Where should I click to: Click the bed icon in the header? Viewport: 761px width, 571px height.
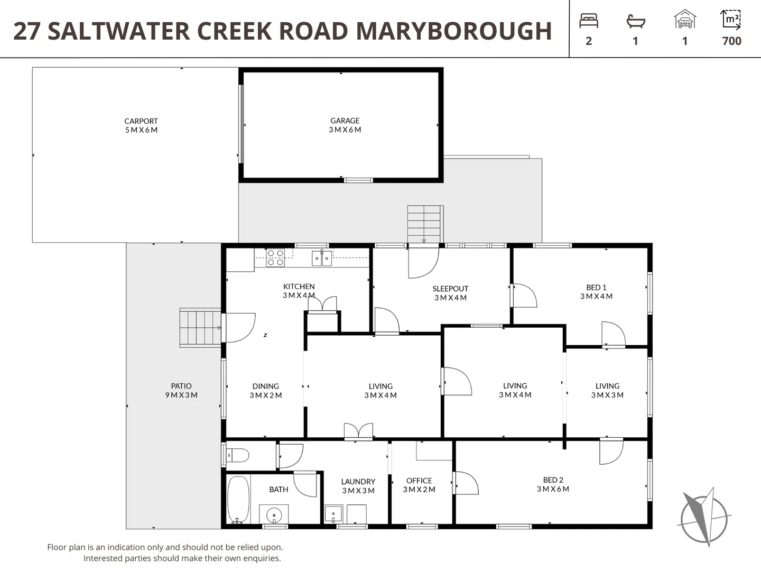(x=588, y=21)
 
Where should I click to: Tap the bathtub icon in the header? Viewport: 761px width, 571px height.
(x=635, y=21)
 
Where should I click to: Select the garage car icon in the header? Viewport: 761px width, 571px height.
(x=685, y=20)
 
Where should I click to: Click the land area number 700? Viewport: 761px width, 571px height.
(x=731, y=41)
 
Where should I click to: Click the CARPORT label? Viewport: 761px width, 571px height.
(x=141, y=121)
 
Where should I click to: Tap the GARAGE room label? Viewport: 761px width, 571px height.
(x=345, y=121)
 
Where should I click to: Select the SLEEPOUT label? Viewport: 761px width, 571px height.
(x=450, y=289)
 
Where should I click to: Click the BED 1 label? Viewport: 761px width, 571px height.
(x=596, y=288)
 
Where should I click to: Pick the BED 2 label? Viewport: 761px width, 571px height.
(x=553, y=480)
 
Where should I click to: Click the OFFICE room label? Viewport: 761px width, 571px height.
(x=419, y=481)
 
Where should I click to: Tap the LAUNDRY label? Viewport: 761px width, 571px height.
(x=358, y=482)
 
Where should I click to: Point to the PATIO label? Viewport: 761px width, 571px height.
(x=181, y=386)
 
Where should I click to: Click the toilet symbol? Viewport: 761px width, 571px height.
(x=237, y=455)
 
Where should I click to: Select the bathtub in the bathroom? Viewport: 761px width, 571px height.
(x=238, y=500)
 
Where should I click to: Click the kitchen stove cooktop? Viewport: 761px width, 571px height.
(x=275, y=257)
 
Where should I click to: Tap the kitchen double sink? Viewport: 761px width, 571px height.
(x=321, y=258)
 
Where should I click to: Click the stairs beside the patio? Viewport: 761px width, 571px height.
(x=200, y=328)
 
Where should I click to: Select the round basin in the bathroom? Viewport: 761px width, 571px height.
(x=274, y=514)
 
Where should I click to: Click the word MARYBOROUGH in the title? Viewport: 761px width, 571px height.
(x=454, y=31)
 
